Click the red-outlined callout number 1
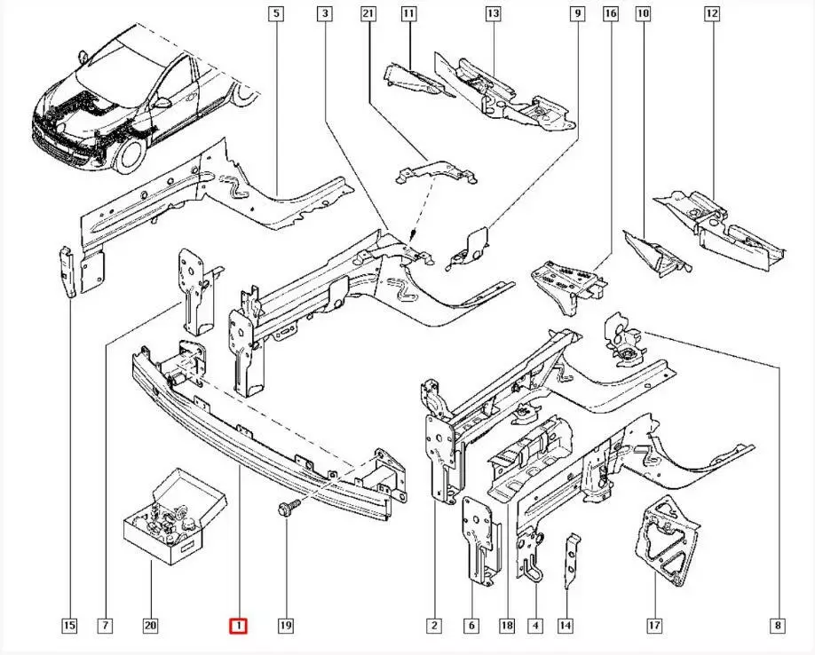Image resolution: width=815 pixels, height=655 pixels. click(239, 626)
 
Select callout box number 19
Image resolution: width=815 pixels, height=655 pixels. click(285, 626)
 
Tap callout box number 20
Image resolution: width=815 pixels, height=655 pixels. click(150, 626)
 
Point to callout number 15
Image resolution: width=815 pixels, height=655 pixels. click(68, 626)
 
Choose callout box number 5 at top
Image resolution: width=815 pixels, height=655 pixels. click(277, 13)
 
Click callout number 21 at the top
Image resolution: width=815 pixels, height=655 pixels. click(368, 13)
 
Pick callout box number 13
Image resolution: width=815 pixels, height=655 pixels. click(493, 13)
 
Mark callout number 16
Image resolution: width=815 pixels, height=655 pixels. click(611, 13)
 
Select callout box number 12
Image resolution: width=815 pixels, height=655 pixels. click(711, 13)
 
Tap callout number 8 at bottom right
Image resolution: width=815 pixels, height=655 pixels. click(778, 626)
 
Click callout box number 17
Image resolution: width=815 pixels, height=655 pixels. click(653, 626)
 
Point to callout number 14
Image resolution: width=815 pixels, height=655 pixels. click(566, 626)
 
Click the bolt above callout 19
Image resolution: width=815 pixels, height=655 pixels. click(286, 509)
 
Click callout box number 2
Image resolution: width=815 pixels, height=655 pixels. click(434, 626)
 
